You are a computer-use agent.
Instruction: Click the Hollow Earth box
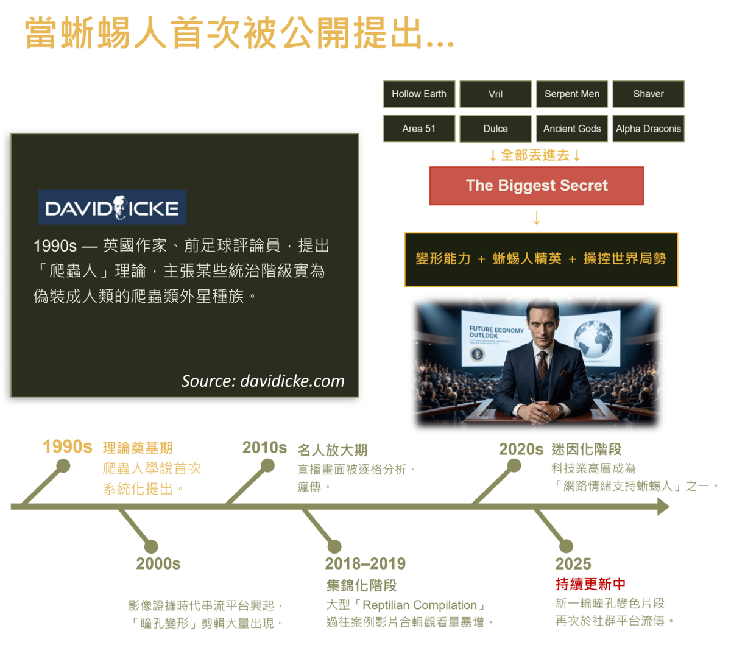coord(418,94)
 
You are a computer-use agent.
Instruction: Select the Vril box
coord(495,94)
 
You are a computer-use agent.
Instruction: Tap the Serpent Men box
coord(571,94)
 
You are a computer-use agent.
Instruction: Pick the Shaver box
coord(648,94)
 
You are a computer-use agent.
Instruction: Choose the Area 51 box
coord(418,129)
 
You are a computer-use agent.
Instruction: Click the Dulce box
coord(495,129)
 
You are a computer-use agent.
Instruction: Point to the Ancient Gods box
coord(571,129)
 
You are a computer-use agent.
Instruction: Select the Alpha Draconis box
coord(648,129)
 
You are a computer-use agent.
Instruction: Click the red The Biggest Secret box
coord(536,185)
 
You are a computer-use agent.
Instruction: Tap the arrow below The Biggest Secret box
coord(537,217)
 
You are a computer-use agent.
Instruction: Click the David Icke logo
coord(112,207)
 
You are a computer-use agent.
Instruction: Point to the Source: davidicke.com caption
coord(263,381)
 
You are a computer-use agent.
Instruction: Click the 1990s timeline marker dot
coord(63,466)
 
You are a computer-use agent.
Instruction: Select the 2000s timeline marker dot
coord(151,546)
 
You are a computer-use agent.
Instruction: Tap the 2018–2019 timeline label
coord(365,563)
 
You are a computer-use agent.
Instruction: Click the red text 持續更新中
coord(590,584)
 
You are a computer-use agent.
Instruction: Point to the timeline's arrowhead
coord(663,507)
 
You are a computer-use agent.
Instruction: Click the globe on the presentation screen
coord(593,339)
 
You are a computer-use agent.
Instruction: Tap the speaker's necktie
coord(542,366)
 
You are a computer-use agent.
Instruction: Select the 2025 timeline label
coord(573,563)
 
